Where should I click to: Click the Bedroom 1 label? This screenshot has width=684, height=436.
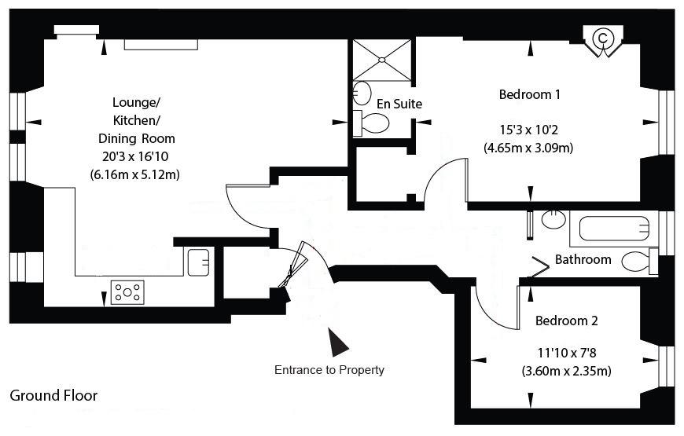(530, 94)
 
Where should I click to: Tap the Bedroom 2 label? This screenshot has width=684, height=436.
(567, 321)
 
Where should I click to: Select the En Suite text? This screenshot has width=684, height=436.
(399, 104)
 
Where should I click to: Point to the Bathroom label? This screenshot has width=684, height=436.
(583, 259)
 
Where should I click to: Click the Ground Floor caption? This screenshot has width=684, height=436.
(53, 395)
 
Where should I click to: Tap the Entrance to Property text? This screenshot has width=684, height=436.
(329, 370)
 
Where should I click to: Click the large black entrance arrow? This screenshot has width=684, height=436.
(338, 343)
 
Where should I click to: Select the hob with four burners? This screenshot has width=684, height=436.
(127, 292)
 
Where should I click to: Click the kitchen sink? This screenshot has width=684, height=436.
(198, 262)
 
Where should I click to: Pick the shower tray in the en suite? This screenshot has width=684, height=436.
(381, 60)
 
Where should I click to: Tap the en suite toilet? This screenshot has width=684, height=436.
(371, 123)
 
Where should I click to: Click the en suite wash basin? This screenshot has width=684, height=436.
(362, 93)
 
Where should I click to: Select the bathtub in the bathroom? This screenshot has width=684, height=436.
(614, 229)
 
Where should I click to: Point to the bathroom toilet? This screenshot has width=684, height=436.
(639, 262)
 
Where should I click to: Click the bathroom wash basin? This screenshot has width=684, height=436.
(553, 219)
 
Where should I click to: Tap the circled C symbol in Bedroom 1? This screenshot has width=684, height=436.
(603, 38)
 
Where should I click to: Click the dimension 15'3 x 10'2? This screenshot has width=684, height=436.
(528, 130)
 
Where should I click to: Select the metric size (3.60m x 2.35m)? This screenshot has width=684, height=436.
(567, 371)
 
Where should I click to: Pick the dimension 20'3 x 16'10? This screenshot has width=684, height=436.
(135, 156)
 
